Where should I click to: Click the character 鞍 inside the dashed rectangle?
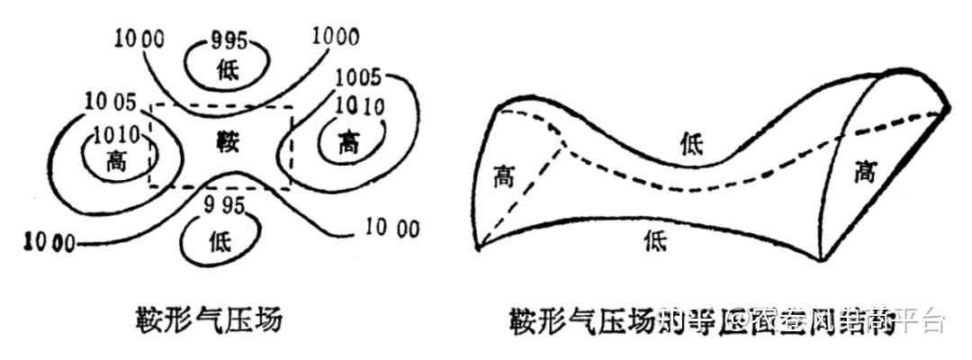[226, 141]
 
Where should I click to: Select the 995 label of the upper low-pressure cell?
[228, 40]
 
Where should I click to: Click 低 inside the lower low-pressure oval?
[221, 240]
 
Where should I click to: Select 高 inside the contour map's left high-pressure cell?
[116, 161]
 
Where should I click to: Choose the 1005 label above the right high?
[357, 76]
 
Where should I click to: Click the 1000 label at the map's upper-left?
[140, 39]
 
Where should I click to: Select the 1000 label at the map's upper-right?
[336, 38]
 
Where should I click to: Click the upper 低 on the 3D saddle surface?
[692, 141]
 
